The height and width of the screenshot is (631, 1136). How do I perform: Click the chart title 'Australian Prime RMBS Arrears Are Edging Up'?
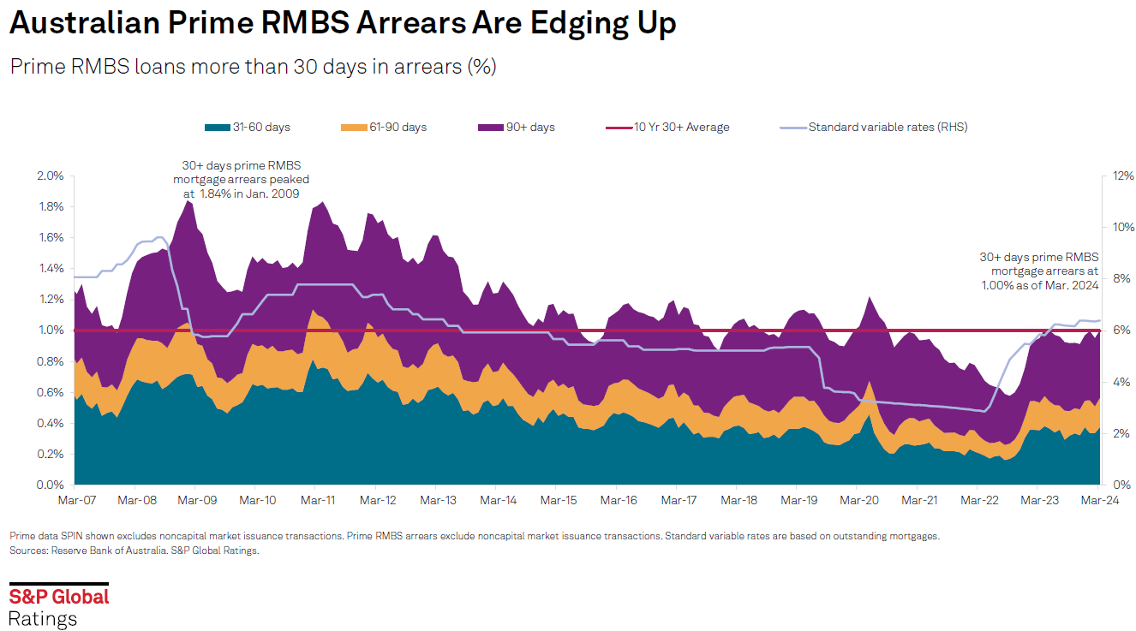(343, 23)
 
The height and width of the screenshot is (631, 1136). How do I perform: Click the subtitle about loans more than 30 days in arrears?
(253, 67)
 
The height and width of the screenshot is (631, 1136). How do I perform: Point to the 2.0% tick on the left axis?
(51, 176)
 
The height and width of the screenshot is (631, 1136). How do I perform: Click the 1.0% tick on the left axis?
(51, 330)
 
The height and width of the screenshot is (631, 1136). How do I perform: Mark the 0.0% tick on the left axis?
(51, 485)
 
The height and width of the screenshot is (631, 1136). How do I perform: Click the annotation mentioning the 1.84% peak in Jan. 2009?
(241, 180)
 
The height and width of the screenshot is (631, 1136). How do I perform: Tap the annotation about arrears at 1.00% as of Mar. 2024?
(1038, 271)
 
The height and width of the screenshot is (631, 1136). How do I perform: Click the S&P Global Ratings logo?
(59, 607)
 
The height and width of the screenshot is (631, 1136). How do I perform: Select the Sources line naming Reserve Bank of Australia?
(135, 551)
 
